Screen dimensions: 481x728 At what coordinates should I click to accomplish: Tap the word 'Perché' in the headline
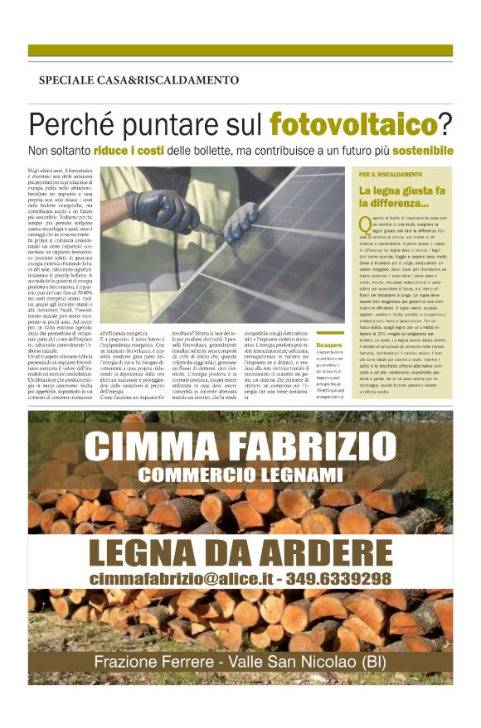(x=68, y=124)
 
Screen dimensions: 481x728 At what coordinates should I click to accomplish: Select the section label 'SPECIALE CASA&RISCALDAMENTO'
(x=138, y=80)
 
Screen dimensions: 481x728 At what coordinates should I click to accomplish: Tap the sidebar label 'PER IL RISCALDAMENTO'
(x=391, y=176)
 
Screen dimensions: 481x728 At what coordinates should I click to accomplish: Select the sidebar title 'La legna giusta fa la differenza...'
(x=403, y=197)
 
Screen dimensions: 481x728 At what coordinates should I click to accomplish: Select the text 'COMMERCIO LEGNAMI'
(x=240, y=475)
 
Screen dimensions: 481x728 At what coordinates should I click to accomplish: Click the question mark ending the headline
(x=445, y=124)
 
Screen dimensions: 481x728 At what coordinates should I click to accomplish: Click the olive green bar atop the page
(x=240, y=51)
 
